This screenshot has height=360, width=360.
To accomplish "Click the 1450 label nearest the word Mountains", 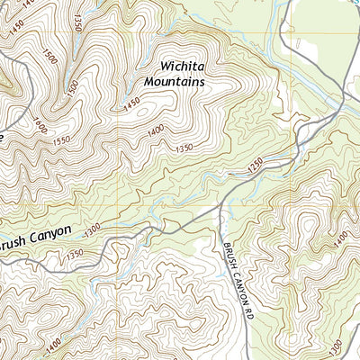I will (x=132, y=106).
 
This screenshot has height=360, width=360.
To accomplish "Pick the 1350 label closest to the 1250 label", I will (x=184, y=147).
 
